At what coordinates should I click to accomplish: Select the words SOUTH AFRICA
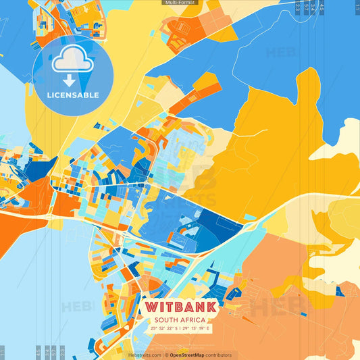pos(180,320)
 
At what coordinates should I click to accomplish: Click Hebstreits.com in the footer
pos(145,355)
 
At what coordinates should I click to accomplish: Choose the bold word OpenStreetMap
pos(188,355)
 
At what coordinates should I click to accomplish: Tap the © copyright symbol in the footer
pos(167,355)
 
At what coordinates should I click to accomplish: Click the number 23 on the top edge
pos(298,7)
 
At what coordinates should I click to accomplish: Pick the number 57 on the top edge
pos(306,7)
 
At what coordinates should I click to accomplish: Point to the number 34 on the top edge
pos(313,7)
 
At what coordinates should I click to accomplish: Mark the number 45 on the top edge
pos(322,7)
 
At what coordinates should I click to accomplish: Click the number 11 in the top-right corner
pos(356,7)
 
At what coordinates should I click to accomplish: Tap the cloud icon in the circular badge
pos(72,60)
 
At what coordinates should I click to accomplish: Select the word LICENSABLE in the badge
pos(73,95)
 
